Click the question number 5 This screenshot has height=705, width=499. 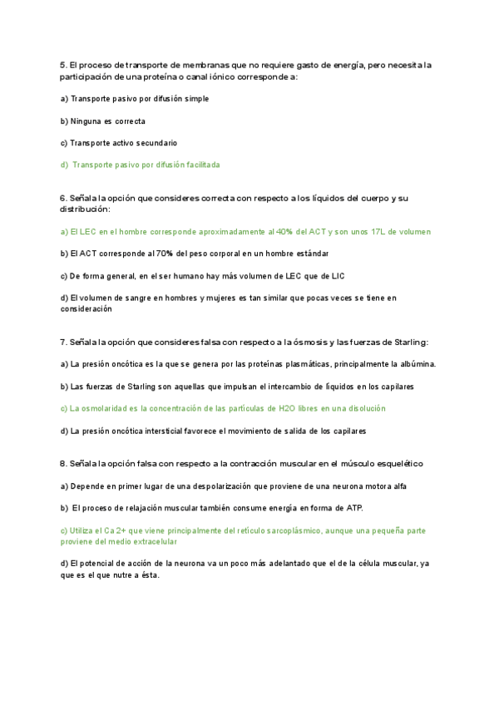63,65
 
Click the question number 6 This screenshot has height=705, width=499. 63,198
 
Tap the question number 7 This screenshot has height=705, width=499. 63,342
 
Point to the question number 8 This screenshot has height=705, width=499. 63,463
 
